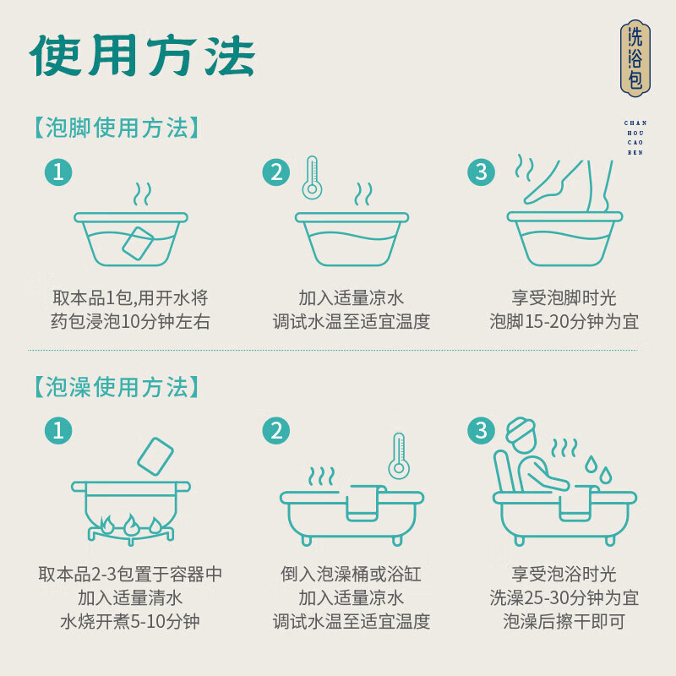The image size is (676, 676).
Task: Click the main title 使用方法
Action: [142, 56]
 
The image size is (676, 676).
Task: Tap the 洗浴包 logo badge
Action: [635, 58]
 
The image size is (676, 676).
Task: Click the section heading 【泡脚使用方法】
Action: [116, 128]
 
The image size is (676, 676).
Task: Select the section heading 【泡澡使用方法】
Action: [116, 387]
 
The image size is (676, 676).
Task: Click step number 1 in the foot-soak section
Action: [58, 172]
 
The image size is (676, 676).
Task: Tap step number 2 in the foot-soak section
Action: [276, 172]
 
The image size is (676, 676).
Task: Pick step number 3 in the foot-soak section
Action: [481, 172]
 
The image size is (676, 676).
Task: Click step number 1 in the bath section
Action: [58, 430]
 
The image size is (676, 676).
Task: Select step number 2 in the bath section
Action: [276, 430]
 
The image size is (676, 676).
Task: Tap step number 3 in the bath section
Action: [481, 430]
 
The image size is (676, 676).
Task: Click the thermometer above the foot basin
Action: [312, 177]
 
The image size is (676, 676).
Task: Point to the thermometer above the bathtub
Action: [399, 455]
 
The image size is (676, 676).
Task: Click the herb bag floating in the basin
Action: [138, 243]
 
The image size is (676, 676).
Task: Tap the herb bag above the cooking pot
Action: [155, 456]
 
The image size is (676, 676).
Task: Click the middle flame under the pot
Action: [130, 525]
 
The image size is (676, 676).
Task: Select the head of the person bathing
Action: [522, 434]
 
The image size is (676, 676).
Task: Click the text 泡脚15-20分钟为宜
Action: [564, 322]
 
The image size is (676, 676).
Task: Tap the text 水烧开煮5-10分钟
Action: [130, 621]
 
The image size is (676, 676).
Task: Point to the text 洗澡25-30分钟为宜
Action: [564, 597]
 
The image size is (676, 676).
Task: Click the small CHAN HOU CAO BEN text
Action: [635, 138]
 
